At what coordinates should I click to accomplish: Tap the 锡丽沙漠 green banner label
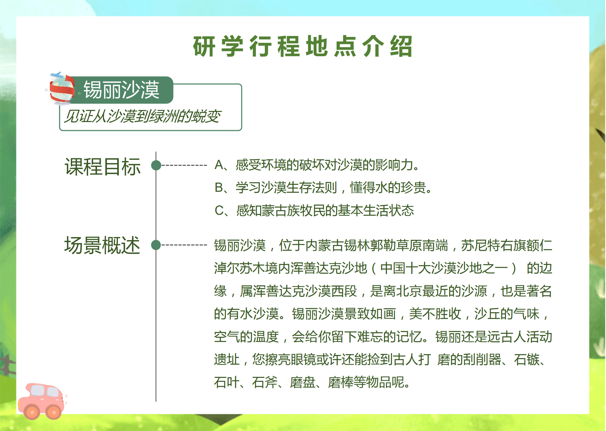pyautogui.click(x=122, y=90)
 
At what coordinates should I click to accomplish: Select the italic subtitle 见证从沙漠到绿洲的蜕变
pyautogui.click(x=143, y=116)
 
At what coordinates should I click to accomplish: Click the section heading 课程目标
pyautogui.click(x=103, y=167)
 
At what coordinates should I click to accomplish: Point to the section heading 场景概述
pyautogui.click(x=102, y=245)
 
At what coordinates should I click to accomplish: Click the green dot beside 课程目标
pyautogui.click(x=156, y=165)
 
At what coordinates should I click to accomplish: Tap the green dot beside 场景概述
pyautogui.click(x=156, y=245)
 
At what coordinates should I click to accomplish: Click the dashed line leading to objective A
pyautogui.click(x=184, y=165)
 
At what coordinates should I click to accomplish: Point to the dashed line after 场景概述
pyautogui.click(x=184, y=245)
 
